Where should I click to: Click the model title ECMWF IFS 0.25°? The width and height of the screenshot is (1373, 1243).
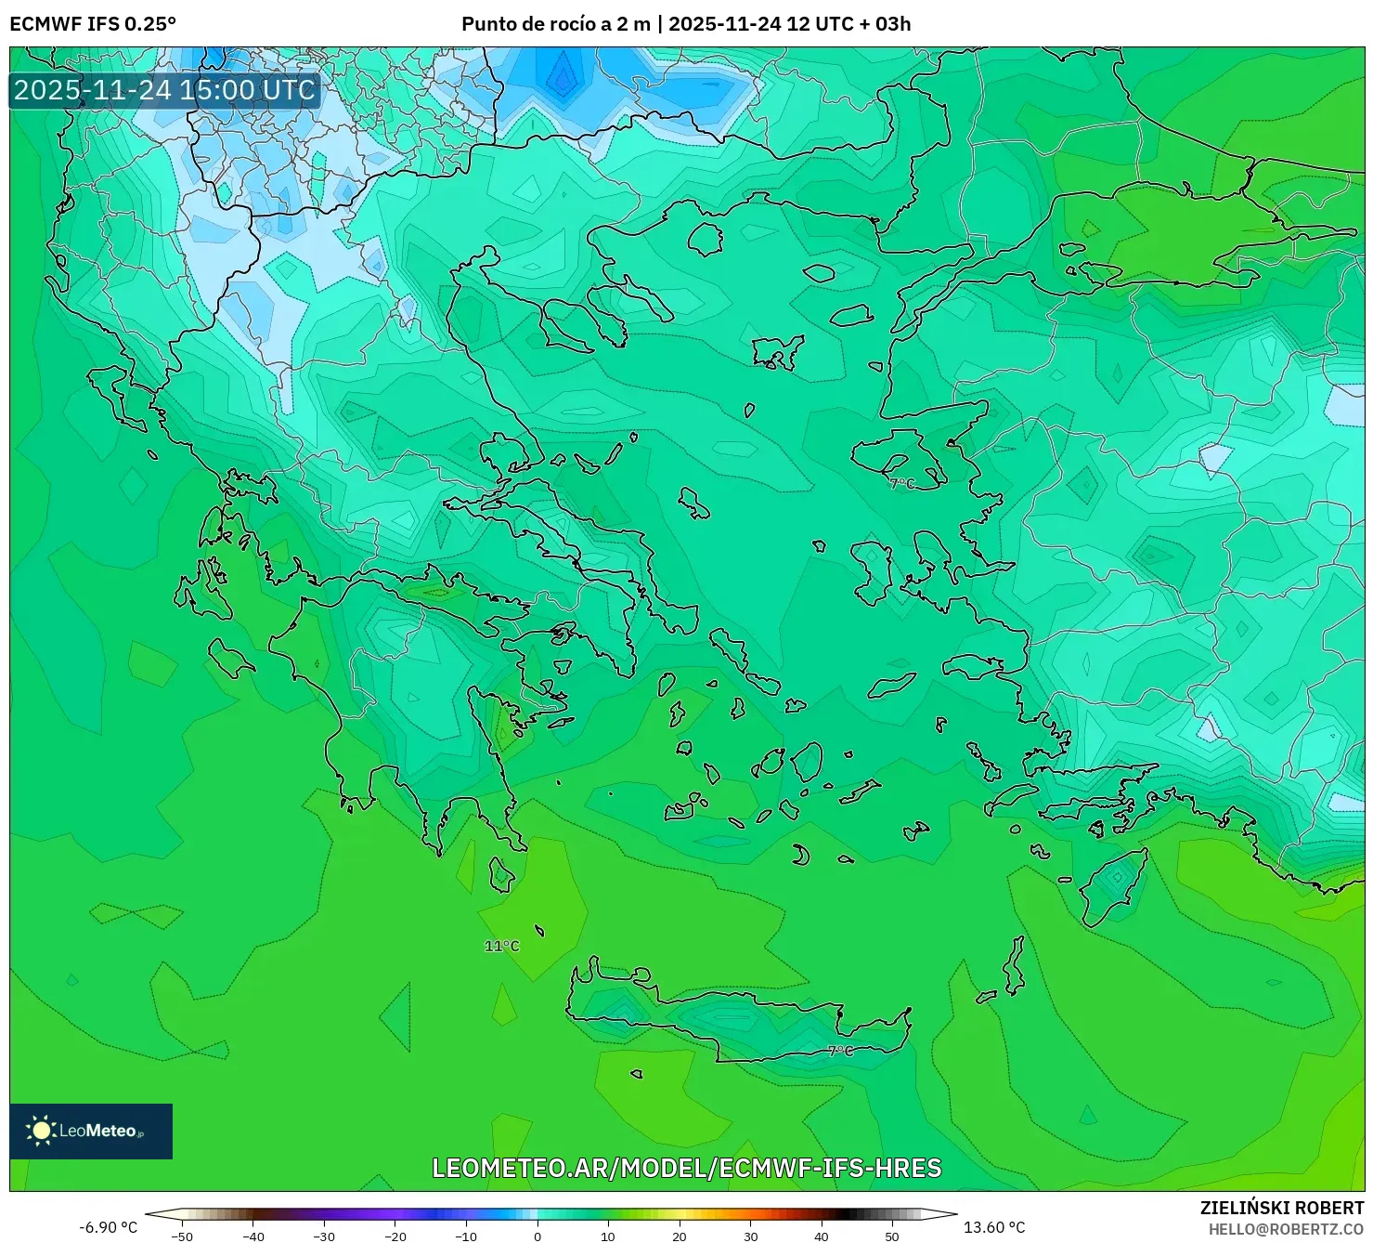click(x=93, y=24)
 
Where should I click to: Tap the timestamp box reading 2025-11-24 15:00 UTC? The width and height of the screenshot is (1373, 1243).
click(x=164, y=90)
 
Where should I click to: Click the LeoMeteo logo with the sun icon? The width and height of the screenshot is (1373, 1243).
click(x=91, y=1131)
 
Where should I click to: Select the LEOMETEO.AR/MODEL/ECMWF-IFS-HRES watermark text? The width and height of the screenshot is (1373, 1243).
click(x=687, y=1168)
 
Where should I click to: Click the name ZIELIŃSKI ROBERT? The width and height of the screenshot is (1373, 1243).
click(x=1281, y=1208)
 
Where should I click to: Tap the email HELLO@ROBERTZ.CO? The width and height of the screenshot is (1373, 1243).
click(x=1286, y=1229)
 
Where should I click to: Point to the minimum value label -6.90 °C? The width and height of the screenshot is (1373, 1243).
click(x=108, y=1227)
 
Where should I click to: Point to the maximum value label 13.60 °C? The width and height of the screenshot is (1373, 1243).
click(x=994, y=1227)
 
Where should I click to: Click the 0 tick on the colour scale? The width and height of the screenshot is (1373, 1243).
click(x=538, y=1236)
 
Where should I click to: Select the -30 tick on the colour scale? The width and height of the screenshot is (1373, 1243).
click(x=324, y=1236)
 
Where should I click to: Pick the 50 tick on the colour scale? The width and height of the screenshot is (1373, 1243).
click(x=892, y=1236)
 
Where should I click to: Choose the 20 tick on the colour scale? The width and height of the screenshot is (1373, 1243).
click(x=680, y=1236)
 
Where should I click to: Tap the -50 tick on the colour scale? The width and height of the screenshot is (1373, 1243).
click(x=182, y=1236)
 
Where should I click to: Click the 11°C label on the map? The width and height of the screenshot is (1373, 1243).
click(x=501, y=946)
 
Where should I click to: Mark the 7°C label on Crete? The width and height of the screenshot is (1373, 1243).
click(x=840, y=1051)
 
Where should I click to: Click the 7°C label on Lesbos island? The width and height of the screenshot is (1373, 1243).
click(x=901, y=484)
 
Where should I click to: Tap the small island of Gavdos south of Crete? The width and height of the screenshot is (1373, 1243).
click(x=636, y=1074)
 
